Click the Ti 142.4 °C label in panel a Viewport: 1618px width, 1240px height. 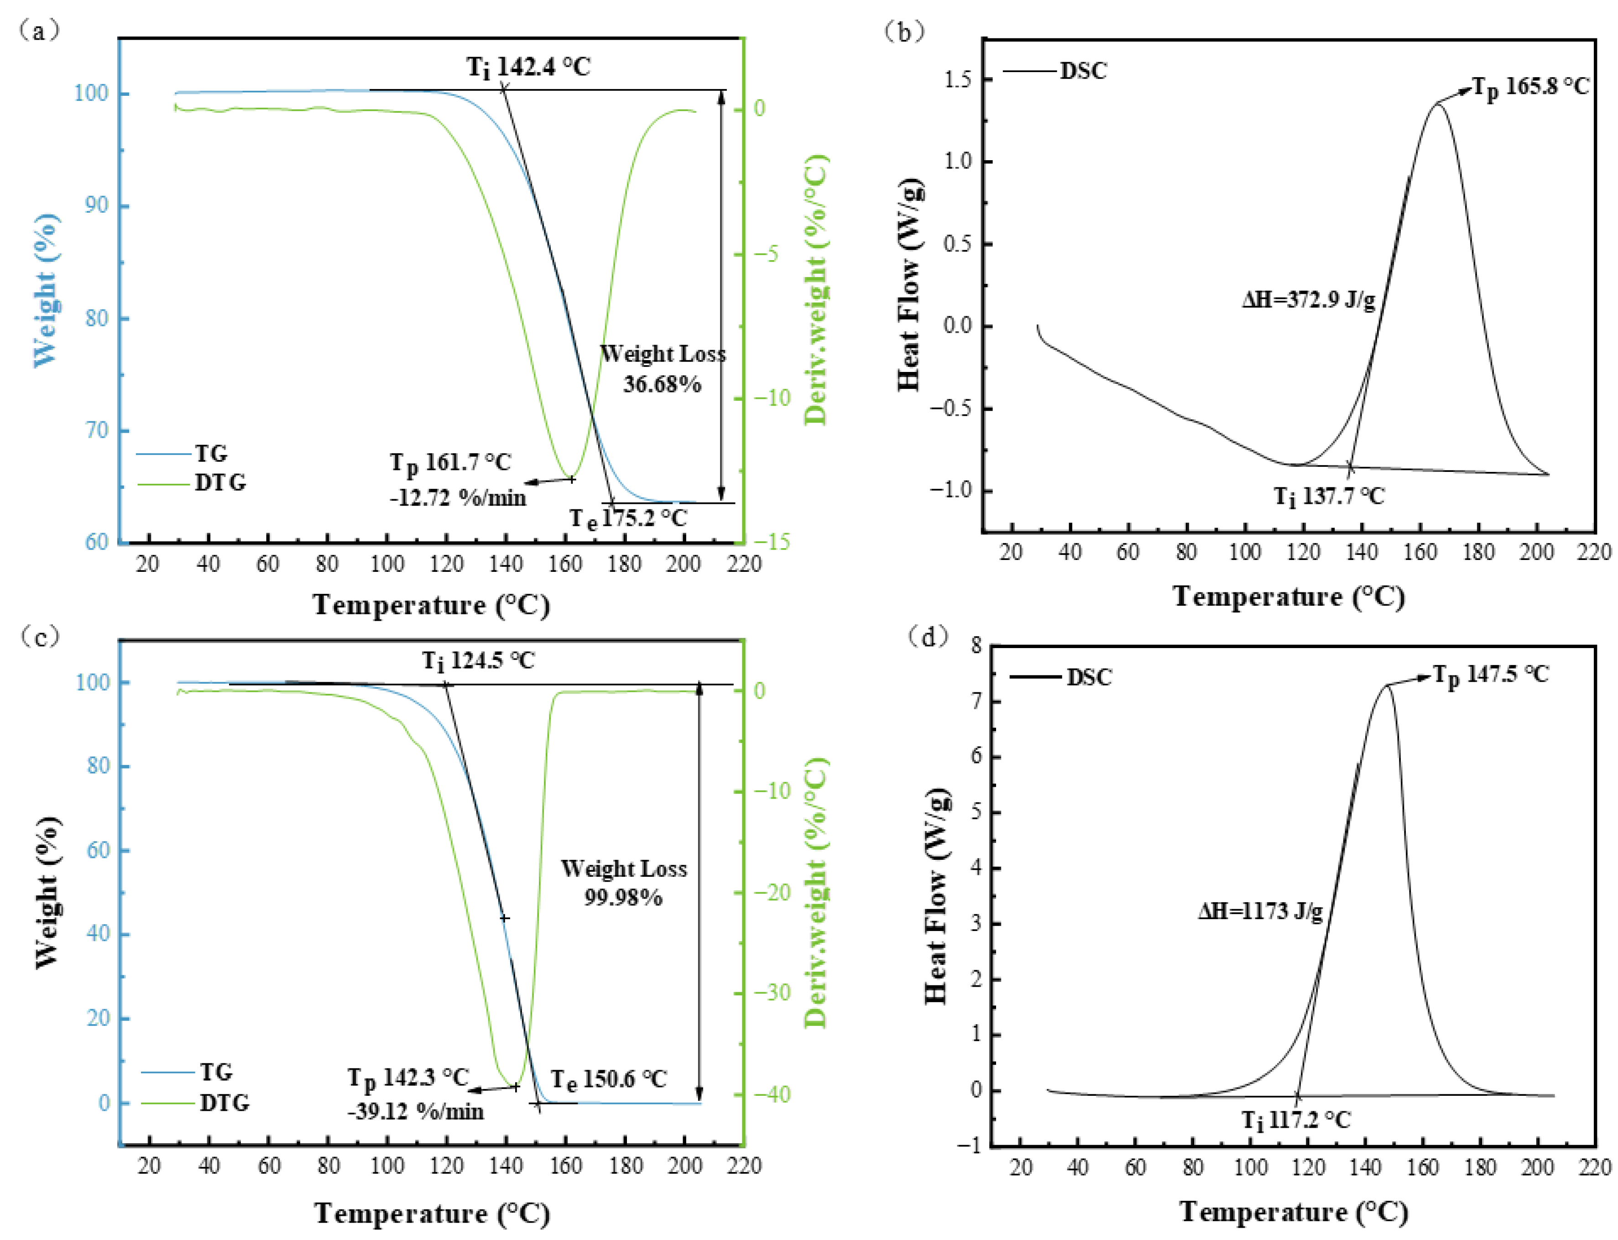(528, 67)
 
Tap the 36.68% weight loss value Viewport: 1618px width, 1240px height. (662, 385)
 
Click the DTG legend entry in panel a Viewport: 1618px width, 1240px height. (219, 483)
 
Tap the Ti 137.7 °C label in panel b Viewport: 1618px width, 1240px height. (1329, 496)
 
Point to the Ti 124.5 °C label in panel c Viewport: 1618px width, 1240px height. (478, 660)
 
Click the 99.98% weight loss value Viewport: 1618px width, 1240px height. (623, 898)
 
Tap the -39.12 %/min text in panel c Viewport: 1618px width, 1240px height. (415, 1112)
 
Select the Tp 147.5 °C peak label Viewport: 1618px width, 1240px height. (1490, 675)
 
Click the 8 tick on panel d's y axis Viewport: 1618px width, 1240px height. (976, 646)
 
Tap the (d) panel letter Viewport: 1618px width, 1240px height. (928, 635)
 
